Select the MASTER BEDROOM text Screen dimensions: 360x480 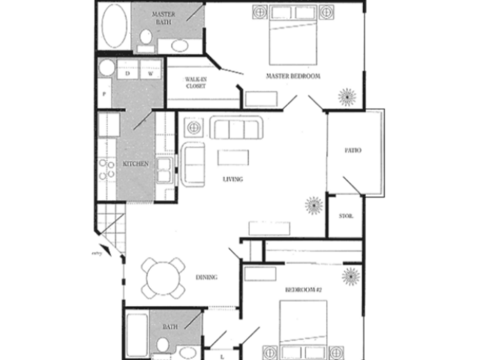pos(293,76)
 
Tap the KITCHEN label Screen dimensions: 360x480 pos(136,163)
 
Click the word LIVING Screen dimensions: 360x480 pos(233,178)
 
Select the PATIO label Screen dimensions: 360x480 pos(353,150)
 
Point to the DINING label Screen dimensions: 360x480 pos(208,278)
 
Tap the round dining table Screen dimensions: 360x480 pos(162,275)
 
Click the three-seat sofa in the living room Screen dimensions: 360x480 pos(233,129)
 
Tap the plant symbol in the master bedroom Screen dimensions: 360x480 pos(348,98)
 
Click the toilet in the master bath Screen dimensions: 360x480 pos(146,41)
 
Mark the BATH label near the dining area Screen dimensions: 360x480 pos(170,326)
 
